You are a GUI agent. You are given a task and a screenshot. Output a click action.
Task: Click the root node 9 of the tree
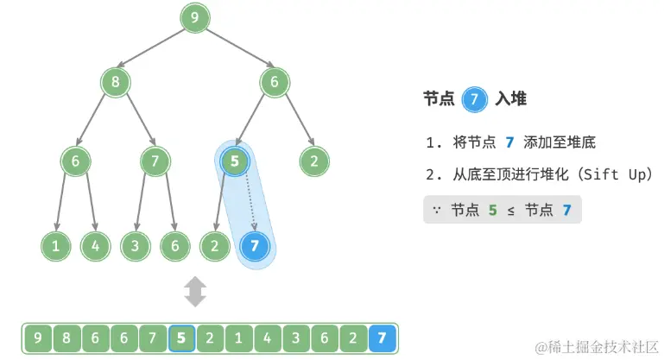196,16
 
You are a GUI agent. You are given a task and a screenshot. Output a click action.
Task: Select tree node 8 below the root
115,83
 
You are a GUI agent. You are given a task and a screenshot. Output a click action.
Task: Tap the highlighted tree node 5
235,161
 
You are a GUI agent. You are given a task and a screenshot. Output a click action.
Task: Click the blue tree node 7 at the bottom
254,246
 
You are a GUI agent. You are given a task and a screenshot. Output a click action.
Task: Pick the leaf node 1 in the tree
55,246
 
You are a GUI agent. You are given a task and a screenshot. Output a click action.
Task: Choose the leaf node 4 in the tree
95,246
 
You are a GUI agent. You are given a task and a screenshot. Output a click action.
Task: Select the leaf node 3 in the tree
135,246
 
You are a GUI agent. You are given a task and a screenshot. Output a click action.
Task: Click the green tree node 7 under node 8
155,161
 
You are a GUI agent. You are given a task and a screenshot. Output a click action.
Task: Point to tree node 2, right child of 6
314,161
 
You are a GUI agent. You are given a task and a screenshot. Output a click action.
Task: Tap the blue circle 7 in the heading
473,100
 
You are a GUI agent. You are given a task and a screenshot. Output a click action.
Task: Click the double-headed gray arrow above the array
196,292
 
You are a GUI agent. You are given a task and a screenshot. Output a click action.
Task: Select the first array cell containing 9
37,338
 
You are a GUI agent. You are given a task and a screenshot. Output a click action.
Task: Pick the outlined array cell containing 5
181,338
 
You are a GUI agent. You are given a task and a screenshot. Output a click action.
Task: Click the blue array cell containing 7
382,338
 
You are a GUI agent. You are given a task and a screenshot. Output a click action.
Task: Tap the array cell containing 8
66,338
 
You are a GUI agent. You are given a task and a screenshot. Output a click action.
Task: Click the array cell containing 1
238,338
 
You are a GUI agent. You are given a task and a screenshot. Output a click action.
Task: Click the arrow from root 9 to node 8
155,49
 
